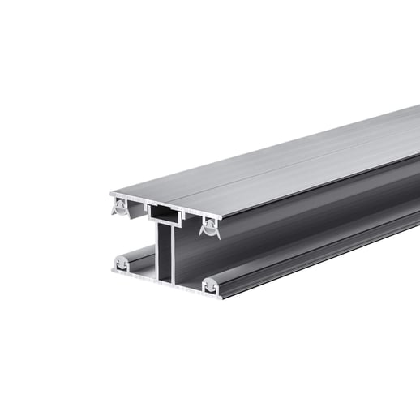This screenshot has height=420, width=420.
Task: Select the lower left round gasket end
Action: coord(121,263)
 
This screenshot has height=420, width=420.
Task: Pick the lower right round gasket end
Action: coord(210,285)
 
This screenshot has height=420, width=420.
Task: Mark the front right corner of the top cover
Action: coord(219,218)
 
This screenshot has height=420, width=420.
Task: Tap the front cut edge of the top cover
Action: coord(162,202)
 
